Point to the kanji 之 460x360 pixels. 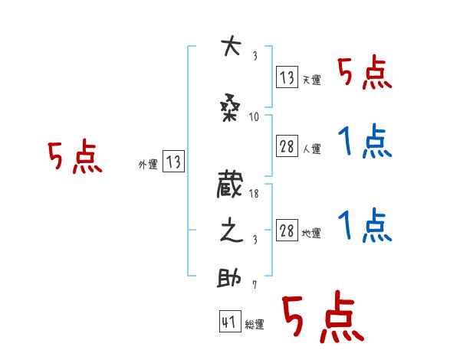point(230,232)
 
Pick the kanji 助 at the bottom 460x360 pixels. point(230,278)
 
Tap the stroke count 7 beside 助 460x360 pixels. point(254,285)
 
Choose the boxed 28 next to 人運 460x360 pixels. point(287,147)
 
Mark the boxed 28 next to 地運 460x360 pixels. point(287,229)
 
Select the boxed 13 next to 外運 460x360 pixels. point(172,162)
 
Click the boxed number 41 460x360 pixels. point(229,322)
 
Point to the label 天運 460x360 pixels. point(311,80)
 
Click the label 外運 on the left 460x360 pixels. point(148,163)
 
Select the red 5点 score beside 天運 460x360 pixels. point(364,74)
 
